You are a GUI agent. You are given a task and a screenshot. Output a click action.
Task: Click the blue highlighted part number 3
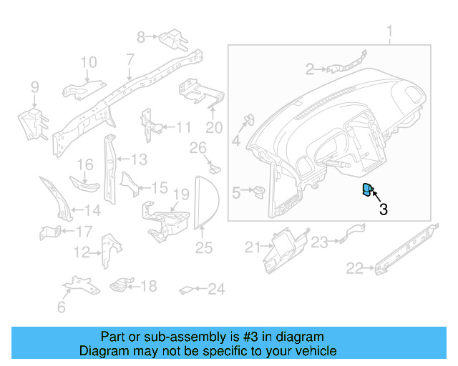[367, 190]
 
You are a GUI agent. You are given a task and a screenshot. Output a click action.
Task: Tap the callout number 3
[384, 209]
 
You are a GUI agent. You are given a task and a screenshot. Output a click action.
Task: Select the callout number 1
[390, 32]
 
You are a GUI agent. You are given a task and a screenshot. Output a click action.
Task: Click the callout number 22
[354, 268]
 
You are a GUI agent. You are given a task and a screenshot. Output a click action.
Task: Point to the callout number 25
[205, 248]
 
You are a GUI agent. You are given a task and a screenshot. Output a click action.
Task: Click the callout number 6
[62, 307]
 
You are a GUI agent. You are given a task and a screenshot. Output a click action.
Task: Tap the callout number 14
[93, 211]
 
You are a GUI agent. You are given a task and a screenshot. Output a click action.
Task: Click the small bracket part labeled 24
[185, 290]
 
